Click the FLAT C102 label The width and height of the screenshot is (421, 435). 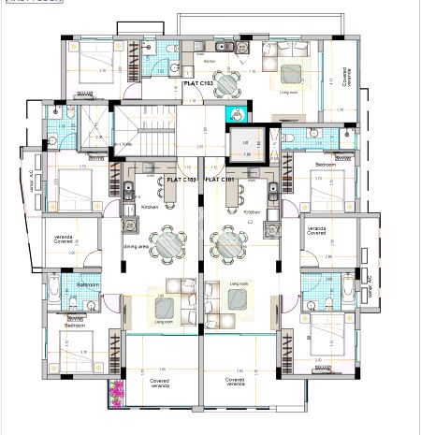tap(178, 179)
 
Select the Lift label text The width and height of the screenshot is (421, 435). tap(246, 141)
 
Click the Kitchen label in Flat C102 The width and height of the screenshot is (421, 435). tap(150, 208)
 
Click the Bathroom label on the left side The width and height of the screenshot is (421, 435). tap(88, 283)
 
